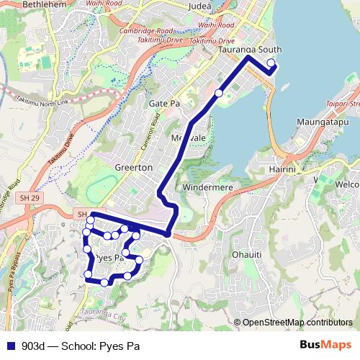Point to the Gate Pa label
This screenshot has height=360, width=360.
pos(163,104)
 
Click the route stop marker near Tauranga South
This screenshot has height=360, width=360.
pos(271,64)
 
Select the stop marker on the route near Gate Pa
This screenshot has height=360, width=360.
pos(219,93)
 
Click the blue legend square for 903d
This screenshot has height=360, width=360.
pos(11,346)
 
